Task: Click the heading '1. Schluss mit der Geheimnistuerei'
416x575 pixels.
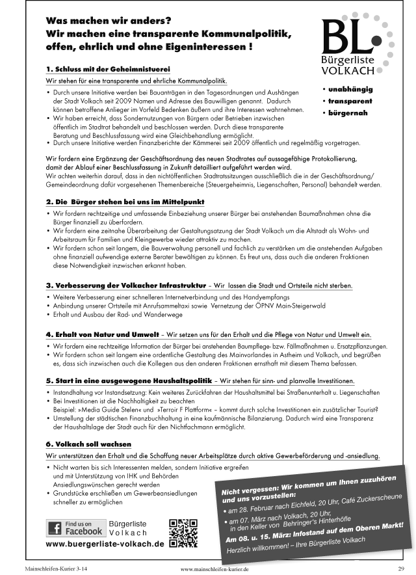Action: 99,68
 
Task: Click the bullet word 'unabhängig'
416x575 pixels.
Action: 356,90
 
